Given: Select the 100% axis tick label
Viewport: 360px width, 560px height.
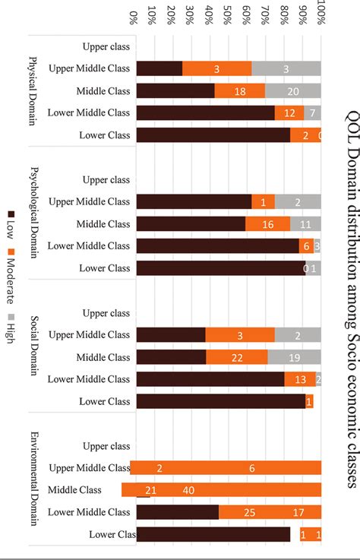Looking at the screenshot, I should [321, 15].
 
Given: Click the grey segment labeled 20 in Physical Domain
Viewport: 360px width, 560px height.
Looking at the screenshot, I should [293, 91].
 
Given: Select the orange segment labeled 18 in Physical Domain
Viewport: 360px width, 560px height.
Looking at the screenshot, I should [240, 91].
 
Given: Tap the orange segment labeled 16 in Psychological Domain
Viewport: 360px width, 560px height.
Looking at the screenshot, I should [268, 224].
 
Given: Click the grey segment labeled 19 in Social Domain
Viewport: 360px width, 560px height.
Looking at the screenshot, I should [294, 357].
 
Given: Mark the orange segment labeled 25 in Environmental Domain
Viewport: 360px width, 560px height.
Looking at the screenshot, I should [250, 512].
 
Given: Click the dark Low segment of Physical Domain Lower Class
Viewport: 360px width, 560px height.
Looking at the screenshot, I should [213, 135].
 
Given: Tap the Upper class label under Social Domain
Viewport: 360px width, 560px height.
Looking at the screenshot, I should [106, 313].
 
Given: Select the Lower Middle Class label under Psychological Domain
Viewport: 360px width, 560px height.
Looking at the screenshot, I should [99, 246].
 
